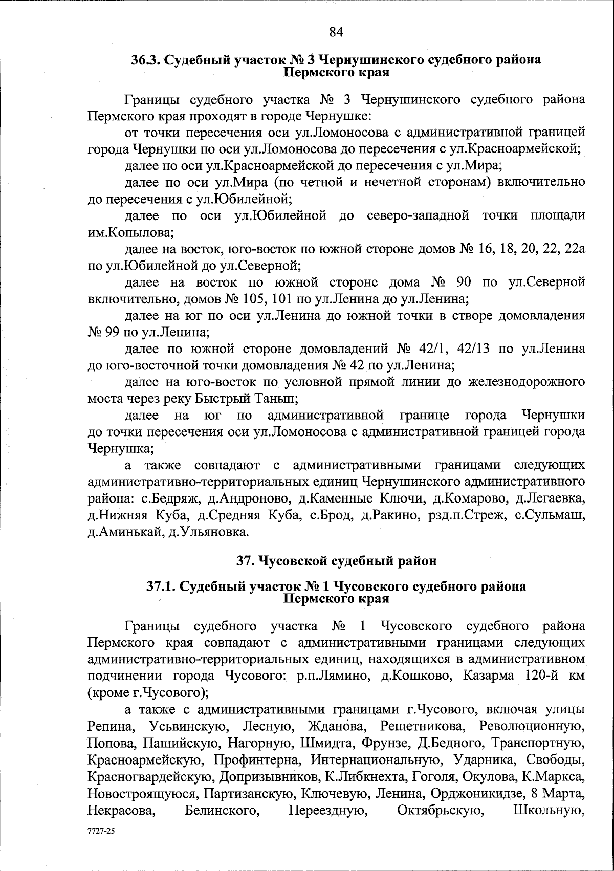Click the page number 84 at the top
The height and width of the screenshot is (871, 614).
336,32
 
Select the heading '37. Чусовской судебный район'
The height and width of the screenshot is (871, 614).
336,561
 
